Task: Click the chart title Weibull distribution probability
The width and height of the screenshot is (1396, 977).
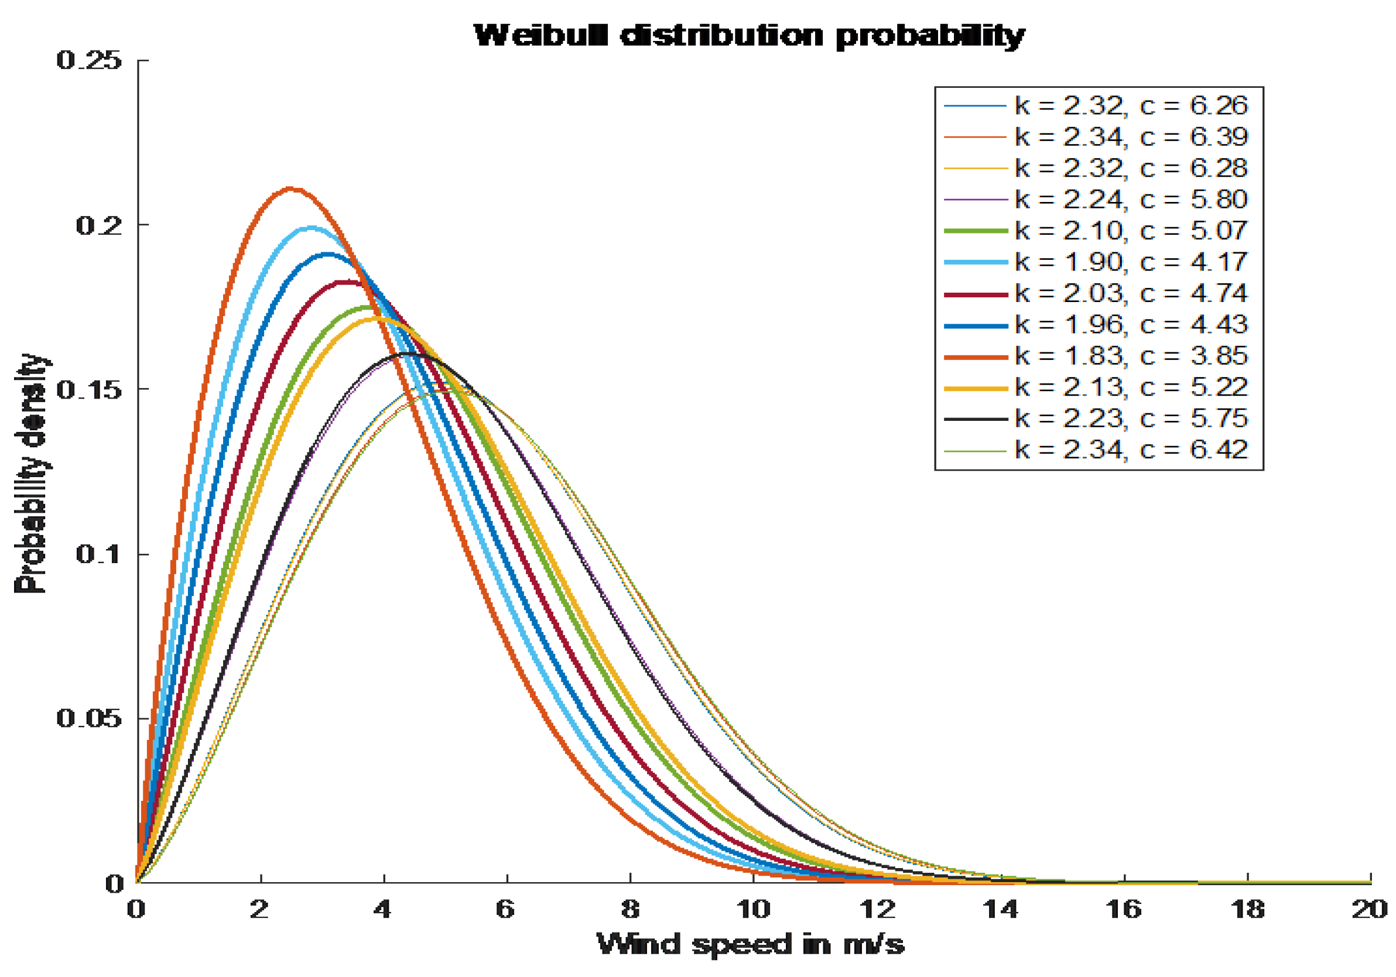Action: (748, 36)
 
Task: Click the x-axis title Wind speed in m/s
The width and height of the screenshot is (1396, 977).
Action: (750, 944)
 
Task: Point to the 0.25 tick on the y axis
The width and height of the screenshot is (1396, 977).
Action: (89, 60)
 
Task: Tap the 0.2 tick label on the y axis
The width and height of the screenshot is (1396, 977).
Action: (98, 225)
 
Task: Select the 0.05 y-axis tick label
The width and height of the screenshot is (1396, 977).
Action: (89, 719)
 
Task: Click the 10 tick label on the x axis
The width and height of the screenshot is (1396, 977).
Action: (753, 910)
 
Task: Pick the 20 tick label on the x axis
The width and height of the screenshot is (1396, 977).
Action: (1369, 910)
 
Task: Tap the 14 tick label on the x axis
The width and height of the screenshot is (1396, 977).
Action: (1000, 910)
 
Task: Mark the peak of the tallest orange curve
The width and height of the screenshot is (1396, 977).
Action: (290, 189)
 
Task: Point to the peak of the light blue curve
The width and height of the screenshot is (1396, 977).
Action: (312, 228)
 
